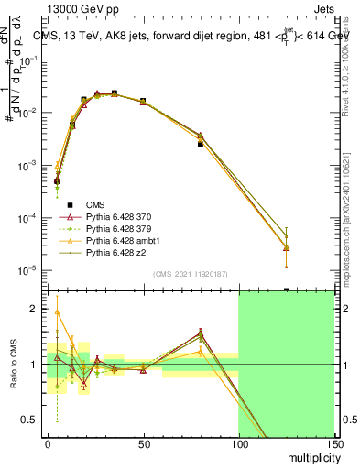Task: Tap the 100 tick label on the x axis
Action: click(x=238, y=444)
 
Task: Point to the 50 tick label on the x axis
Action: click(x=143, y=444)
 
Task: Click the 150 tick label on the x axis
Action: click(x=333, y=444)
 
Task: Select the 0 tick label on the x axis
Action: click(x=48, y=444)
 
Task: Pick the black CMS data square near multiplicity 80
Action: click(x=200, y=144)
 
